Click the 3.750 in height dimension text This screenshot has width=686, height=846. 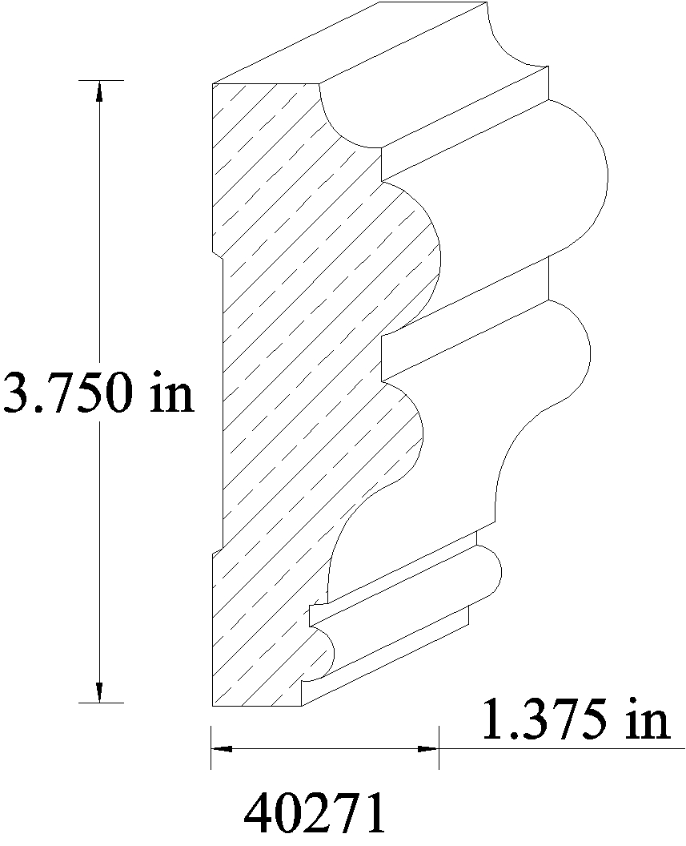98,393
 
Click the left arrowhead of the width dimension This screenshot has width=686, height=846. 222,748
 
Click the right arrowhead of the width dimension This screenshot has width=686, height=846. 428,748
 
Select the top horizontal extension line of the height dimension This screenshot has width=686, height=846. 102,80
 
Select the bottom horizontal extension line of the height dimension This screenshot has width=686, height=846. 102,703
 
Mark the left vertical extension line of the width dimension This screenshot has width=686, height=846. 211,747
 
